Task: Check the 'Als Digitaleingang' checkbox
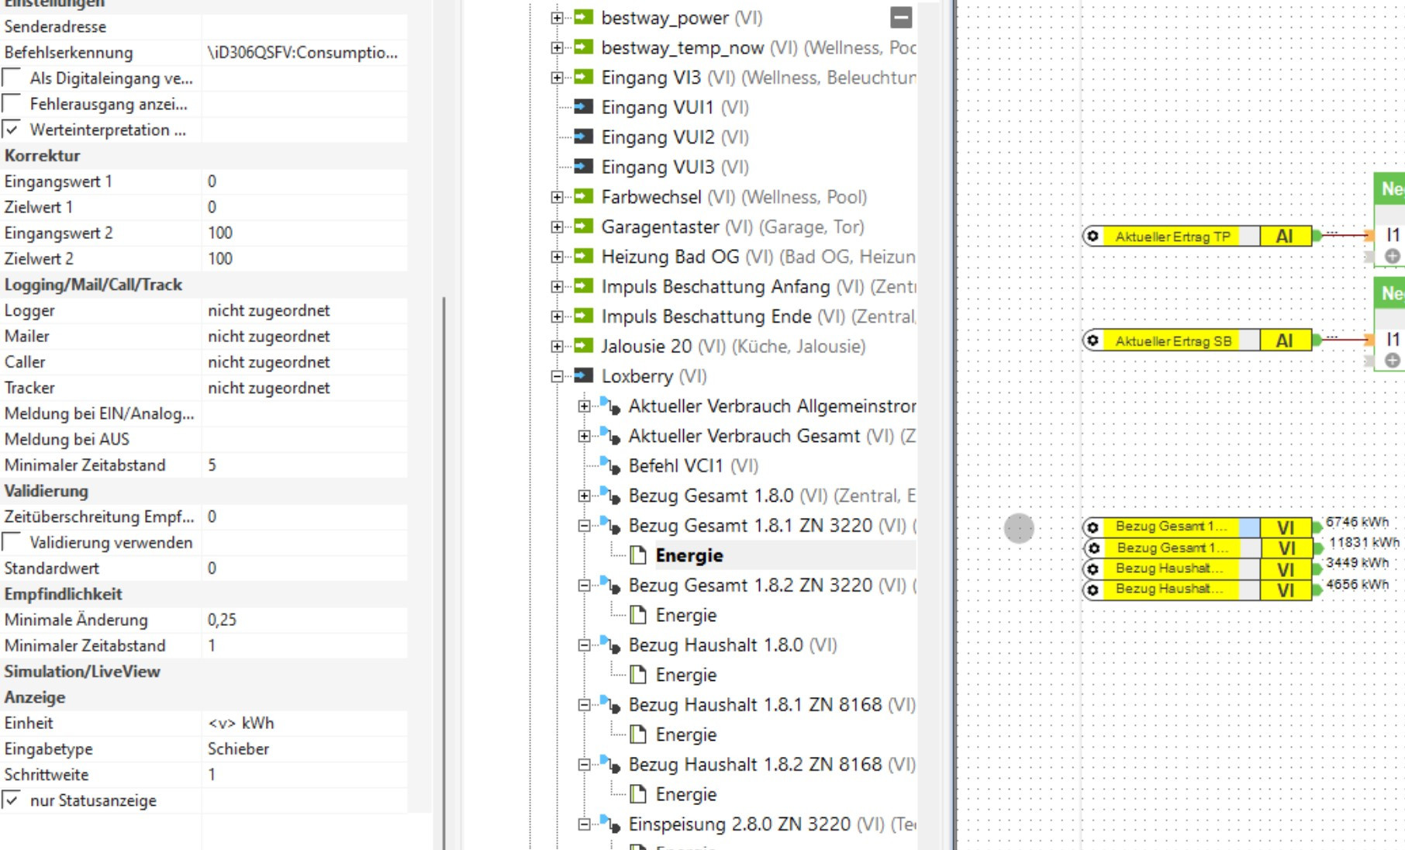(12, 78)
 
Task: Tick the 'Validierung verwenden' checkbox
(12, 542)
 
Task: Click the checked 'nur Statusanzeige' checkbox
(12, 800)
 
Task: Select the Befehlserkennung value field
(302, 53)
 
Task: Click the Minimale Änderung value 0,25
(223, 620)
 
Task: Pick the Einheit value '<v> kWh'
(241, 723)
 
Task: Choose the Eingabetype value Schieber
(239, 748)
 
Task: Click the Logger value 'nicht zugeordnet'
(268, 310)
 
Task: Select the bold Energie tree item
(689, 555)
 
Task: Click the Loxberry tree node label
(637, 376)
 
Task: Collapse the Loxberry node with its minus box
(558, 376)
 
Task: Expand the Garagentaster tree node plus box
(558, 226)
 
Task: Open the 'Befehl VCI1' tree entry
(675, 465)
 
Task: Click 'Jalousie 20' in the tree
(646, 346)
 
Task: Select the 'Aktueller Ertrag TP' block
(1172, 237)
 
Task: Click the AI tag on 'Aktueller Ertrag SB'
(1284, 340)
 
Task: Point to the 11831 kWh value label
(1363, 542)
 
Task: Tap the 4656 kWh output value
(1357, 584)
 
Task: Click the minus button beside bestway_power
(901, 17)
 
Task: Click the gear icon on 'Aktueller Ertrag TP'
(1093, 236)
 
